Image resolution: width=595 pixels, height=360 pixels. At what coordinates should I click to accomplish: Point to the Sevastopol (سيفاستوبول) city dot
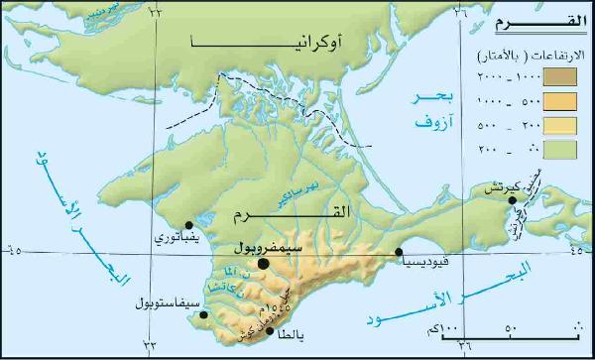[203, 316]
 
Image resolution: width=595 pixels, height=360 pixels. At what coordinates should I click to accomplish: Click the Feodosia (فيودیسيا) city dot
[399, 252]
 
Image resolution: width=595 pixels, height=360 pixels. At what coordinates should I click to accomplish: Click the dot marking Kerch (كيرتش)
[513, 200]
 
